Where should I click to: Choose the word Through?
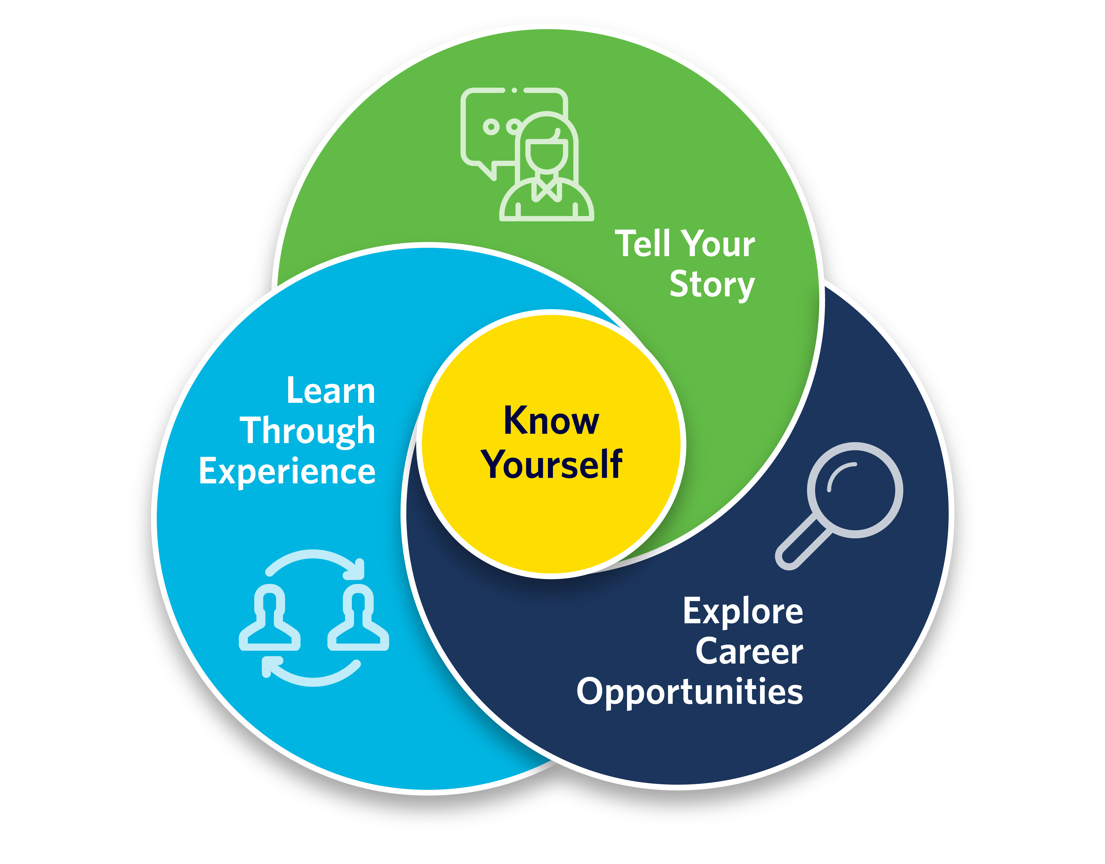(307, 431)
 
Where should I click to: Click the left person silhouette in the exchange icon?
(269, 620)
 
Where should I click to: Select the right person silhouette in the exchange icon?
(358, 620)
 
